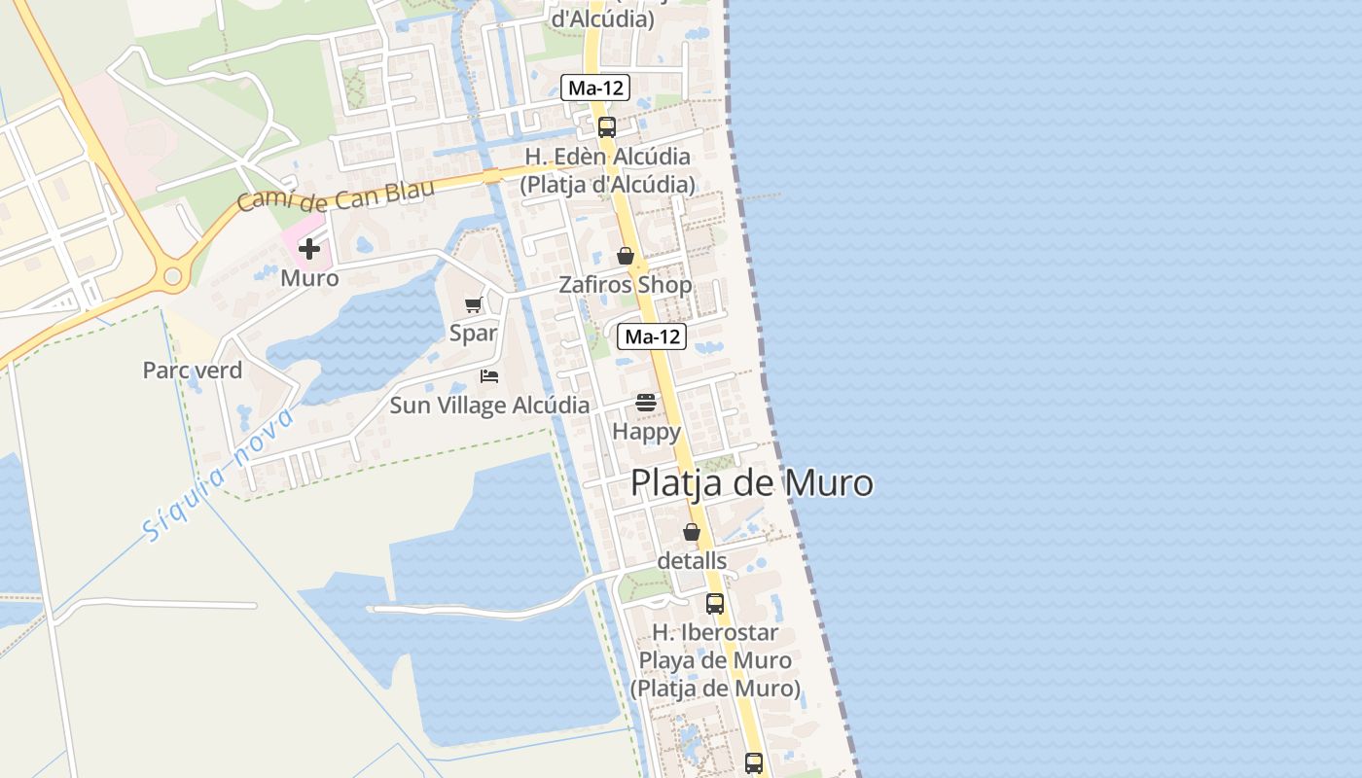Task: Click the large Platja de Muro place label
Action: coord(752,483)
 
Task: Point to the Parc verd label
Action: coord(193,371)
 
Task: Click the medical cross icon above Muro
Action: coord(309,249)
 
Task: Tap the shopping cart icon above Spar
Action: coord(474,305)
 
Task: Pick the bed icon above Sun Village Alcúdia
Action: coord(489,376)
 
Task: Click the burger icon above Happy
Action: coord(646,402)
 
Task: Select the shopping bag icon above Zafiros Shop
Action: coord(626,256)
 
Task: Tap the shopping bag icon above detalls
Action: coord(692,532)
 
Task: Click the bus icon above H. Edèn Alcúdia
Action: coord(607,126)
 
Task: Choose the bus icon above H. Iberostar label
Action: coord(715,603)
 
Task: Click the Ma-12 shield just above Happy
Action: coord(652,337)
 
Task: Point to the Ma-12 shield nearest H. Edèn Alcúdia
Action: coord(595,88)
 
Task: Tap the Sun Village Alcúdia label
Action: coord(489,406)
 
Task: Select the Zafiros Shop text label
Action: coord(626,285)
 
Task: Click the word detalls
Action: coord(692,561)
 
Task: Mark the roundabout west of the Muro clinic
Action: coord(173,277)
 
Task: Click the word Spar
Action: coord(474,334)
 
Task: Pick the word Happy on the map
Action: coord(646,431)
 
